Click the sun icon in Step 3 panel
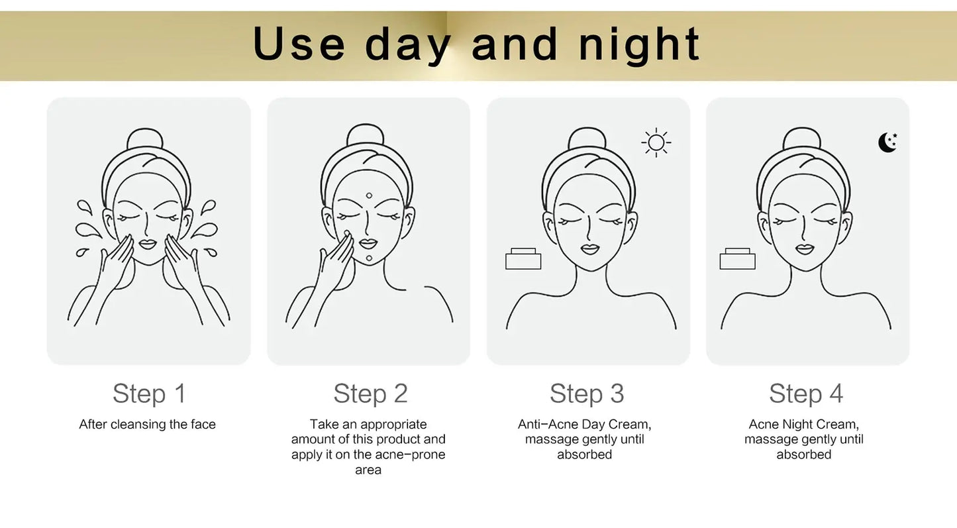point(656,142)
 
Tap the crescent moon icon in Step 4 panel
point(887,142)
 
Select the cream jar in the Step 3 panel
point(523,259)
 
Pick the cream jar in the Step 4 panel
point(737,259)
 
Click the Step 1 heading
point(149,394)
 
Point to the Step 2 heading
point(370,394)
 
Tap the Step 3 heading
point(587,394)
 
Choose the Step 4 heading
point(806,394)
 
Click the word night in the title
point(639,44)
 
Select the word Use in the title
point(299,44)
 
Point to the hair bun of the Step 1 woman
point(145,140)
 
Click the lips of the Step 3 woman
point(589,248)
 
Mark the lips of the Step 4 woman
point(805,248)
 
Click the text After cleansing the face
point(148,425)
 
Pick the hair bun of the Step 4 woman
point(802,139)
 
